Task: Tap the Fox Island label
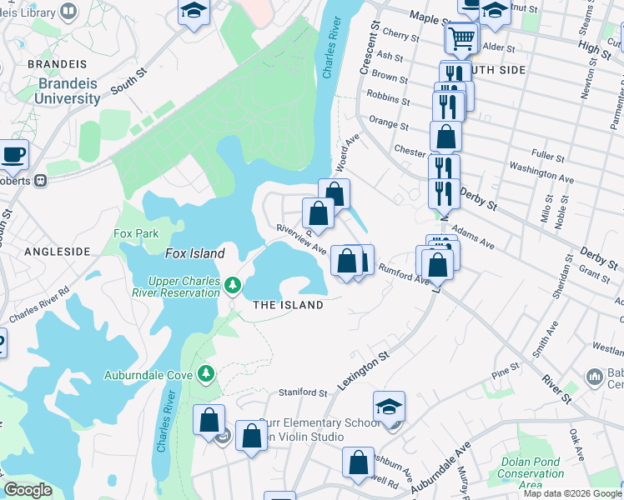194,253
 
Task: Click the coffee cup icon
13,154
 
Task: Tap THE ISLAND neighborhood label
288,305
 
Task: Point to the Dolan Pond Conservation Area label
531,473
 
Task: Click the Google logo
28,490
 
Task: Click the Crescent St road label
369,51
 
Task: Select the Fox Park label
136,234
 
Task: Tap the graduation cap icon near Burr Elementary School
389,407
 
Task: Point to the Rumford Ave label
402,273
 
